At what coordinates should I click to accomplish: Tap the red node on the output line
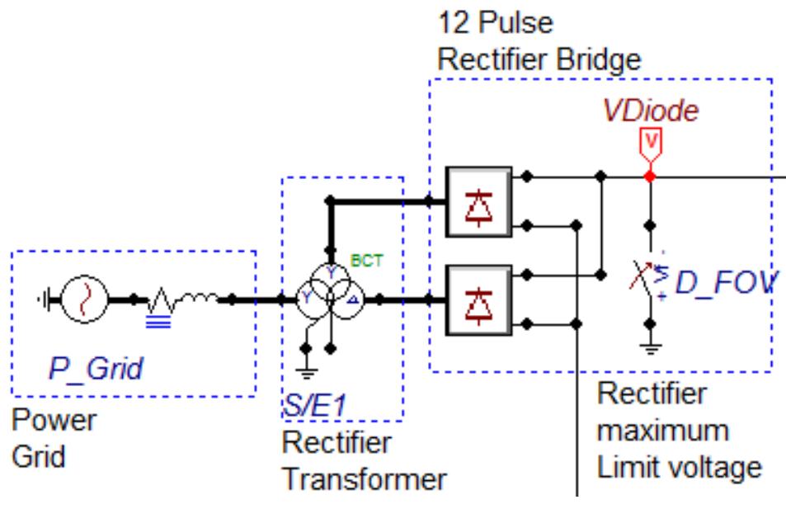click(x=651, y=177)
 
